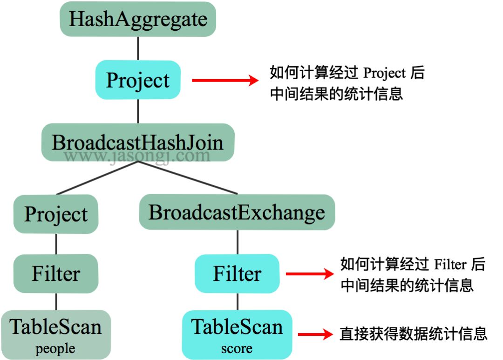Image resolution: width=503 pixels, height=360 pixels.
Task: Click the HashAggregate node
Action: point(138,20)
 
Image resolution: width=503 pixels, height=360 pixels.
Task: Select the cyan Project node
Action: point(138,80)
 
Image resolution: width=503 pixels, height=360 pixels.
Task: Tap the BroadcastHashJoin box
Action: point(138,143)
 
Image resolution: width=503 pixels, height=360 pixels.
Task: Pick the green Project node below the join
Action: point(56,214)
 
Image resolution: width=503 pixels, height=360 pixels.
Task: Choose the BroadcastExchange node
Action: point(237,212)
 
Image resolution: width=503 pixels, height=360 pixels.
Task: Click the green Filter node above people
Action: point(56,273)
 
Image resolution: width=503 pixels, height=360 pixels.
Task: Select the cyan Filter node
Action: point(237,273)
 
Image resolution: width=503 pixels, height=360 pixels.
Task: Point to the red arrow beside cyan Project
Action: point(225,81)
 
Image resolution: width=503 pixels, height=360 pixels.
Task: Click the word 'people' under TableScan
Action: point(55,349)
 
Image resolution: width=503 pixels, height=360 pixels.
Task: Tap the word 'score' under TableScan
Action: point(237,349)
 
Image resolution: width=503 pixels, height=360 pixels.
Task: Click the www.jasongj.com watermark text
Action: point(138,156)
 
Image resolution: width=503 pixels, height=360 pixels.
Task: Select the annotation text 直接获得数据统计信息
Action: point(414,334)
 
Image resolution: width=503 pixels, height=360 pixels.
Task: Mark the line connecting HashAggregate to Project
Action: point(138,48)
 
